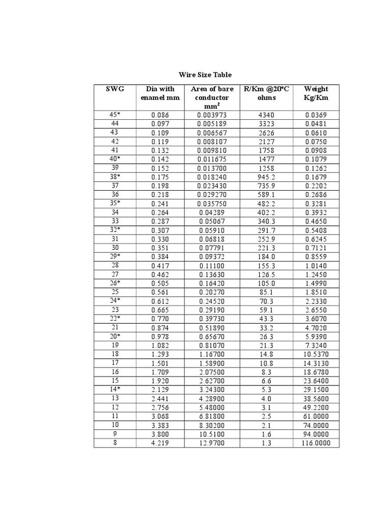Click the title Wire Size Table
click(x=205, y=74)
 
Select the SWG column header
click(x=115, y=89)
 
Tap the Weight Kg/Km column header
click(x=316, y=93)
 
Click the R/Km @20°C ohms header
click(x=266, y=93)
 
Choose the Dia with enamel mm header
click(x=160, y=93)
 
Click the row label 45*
click(x=115, y=115)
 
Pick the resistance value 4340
click(x=266, y=115)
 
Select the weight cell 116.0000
click(x=316, y=443)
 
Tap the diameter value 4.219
click(x=160, y=443)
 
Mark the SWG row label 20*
click(x=115, y=336)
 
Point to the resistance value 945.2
click(x=266, y=177)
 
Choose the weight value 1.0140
click(x=316, y=266)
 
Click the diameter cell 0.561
click(x=160, y=292)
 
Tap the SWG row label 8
click(x=115, y=442)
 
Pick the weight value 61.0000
click(x=316, y=416)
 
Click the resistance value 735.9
click(x=266, y=186)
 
